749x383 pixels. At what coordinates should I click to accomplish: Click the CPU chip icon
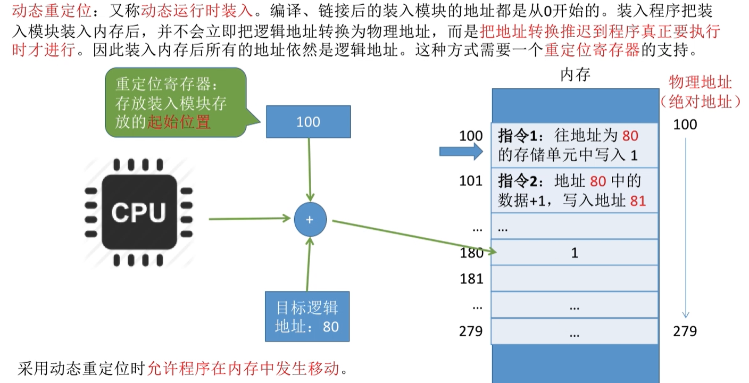[138, 212]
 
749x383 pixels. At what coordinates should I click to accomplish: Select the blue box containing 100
[308, 122]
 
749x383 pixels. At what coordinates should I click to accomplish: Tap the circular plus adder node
[310, 220]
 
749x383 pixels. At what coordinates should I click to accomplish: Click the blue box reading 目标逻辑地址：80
[307, 317]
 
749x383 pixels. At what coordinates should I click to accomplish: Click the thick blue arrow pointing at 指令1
[461, 152]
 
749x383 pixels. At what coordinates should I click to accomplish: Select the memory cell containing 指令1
[574, 145]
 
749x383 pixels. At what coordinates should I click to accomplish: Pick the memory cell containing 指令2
[574, 190]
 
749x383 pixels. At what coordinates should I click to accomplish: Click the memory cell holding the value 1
[574, 253]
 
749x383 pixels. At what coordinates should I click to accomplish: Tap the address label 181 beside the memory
[471, 278]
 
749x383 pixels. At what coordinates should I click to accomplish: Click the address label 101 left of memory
[471, 181]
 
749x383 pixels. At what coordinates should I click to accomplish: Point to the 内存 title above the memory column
[576, 75]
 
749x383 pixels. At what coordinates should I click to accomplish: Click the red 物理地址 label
[700, 82]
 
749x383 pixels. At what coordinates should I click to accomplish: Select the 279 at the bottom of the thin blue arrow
[685, 331]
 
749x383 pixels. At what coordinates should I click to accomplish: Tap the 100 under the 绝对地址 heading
[685, 124]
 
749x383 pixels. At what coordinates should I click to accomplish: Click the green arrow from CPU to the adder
[250, 218]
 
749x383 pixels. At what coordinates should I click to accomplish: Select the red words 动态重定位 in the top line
[37, 11]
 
